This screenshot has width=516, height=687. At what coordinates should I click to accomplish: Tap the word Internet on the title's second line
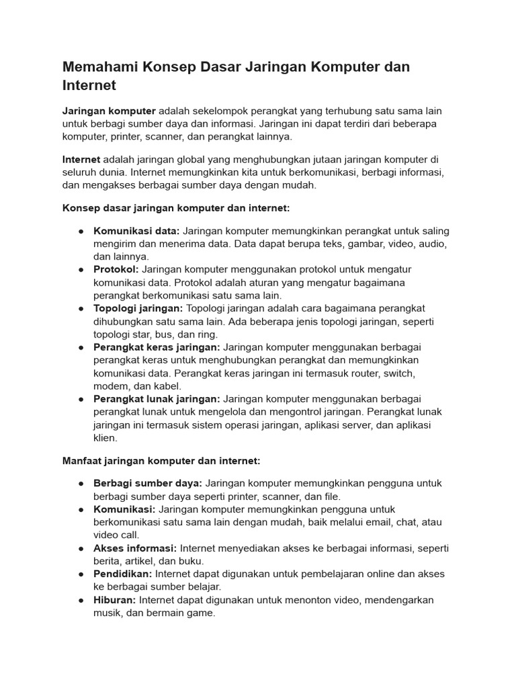(x=89, y=86)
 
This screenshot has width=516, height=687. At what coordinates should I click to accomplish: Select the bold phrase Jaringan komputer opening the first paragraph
(x=109, y=111)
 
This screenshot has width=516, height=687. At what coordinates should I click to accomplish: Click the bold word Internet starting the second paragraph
(x=81, y=160)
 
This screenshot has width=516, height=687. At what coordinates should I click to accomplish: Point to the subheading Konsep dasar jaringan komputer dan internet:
(x=176, y=209)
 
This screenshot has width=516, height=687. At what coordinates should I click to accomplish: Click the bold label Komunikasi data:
(x=136, y=231)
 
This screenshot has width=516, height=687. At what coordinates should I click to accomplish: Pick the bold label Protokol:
(x=116, y=270)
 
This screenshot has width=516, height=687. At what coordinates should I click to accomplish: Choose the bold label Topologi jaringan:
(x=138, y=309)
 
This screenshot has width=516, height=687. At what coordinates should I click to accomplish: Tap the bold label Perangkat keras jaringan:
(x=157, y=348)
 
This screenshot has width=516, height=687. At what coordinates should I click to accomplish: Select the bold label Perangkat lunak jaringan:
(x=157, y=399)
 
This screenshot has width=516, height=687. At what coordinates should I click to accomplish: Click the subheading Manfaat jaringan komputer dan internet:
(x=161, y=462)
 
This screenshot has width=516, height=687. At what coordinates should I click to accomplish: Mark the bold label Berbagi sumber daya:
(x=148, y=484)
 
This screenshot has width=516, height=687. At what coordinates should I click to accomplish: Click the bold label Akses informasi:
(x=135, y=548)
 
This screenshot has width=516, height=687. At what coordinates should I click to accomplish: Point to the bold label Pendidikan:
(x=124, y=574)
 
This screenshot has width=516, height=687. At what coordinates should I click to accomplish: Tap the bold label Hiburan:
(x=114, y=600)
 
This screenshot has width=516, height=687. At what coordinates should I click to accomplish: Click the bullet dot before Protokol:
(x=81, y=270)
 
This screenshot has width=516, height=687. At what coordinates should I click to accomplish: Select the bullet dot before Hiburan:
(x=81, y=600)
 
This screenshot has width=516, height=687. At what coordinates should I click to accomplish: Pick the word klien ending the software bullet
(x=105, y=438)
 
